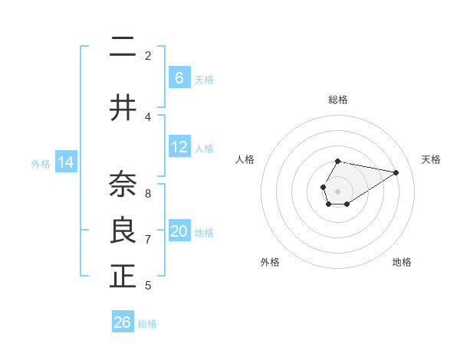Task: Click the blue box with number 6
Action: [179, 78]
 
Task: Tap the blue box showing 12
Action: [179, 148]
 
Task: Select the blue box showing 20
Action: [179, 232]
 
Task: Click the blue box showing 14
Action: [66, 162]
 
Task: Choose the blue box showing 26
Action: [123, 322]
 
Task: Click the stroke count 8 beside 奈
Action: [148, 193]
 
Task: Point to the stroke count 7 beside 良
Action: [148, 240]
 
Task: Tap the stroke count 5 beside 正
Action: [148, 286]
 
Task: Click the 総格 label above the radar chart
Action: [338, 100]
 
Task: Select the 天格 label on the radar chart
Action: [431, 159]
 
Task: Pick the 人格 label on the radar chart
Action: [245, 159]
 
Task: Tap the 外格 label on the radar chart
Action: [270, 262]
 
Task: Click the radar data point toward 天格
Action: [396, 172]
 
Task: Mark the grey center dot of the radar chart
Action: [337, 190]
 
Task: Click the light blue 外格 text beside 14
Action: [41, 163]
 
